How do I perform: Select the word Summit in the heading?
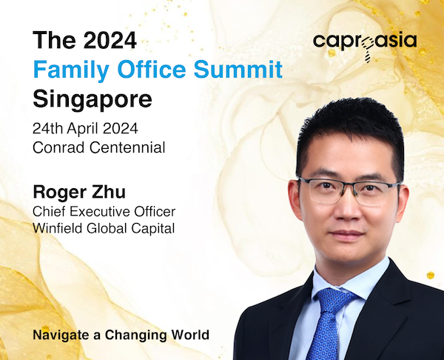click(238, 69)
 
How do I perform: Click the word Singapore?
click(92, 99)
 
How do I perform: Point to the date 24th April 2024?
click(85, 129)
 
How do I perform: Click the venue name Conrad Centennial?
click(99, 147)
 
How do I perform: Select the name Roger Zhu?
click(79, 192)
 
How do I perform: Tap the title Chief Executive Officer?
click(104, 211)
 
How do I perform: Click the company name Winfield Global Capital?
click(104, 228)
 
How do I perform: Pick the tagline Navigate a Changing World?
click(121, 335)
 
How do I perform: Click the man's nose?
click(346, 209)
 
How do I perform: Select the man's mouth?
click(347, 235)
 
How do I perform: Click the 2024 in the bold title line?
click(110, 40)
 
